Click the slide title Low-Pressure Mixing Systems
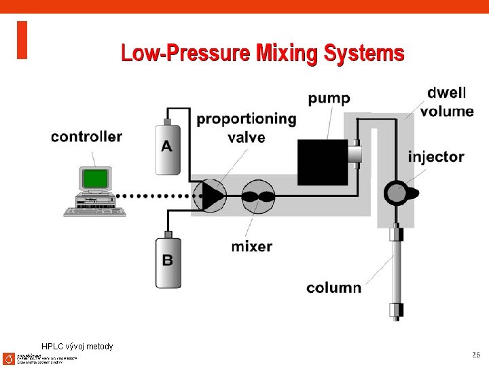click(x=262, y=53)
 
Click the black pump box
click(x=323, y=162)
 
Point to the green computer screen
click(x=96, y=179)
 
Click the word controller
click(x=86, y=137)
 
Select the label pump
click(x=329, y=99)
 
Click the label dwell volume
click(x=446, y=102)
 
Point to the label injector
click(x=435, y=157)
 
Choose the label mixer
click(x=251, y=246)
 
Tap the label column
click(x=333, y=287)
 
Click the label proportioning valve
click(x=246, y=128)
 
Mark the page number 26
click(x=475, y=355)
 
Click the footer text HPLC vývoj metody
click(x=77, y=347)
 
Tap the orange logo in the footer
click(x=8, y=358)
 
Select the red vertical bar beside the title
click(x=22, y=40)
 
